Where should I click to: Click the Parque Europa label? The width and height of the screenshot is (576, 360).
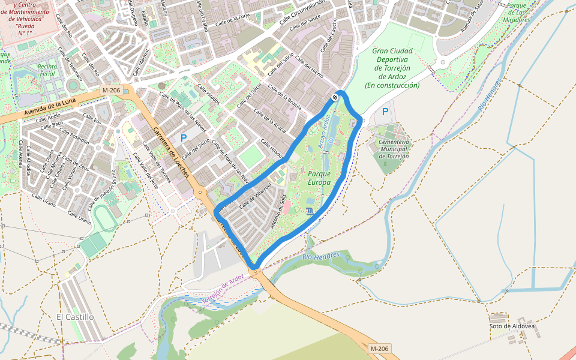(x=319, y=178)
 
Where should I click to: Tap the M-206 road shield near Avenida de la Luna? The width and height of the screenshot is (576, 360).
(x=112, y=91)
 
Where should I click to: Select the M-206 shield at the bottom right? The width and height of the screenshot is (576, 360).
(x=380, y=349)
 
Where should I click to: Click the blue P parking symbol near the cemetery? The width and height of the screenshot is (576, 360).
(x=385, y=112)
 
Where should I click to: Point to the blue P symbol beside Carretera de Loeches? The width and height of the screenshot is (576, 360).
(x=184, y=138)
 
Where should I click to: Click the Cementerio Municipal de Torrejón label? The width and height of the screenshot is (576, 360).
(x=394, y=149)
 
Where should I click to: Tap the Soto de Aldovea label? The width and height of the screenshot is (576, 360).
(x=511, y=326)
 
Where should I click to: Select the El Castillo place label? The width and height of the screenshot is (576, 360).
(x=75, y=316)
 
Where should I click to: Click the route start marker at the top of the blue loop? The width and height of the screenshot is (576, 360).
(x=335, y=97)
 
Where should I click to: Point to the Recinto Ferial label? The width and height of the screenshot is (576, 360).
(x=47, y=70)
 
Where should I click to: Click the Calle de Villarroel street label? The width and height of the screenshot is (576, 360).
(x=256, y=196)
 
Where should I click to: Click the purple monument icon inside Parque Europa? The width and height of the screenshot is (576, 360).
(x=309, y=211)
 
